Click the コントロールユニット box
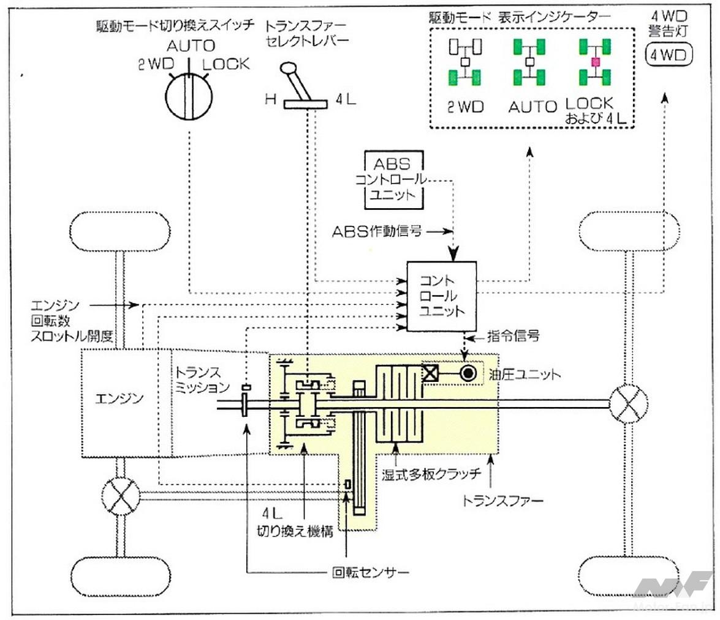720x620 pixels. [x=442, y=296]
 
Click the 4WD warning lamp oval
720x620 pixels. [x=670, y=54]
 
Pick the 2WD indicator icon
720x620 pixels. [x=465, y=62]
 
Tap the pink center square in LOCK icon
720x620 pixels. [x=594, y=62]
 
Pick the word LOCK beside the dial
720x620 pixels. [x=226, y=64]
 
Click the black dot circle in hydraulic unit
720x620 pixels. [x=469, y=372]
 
